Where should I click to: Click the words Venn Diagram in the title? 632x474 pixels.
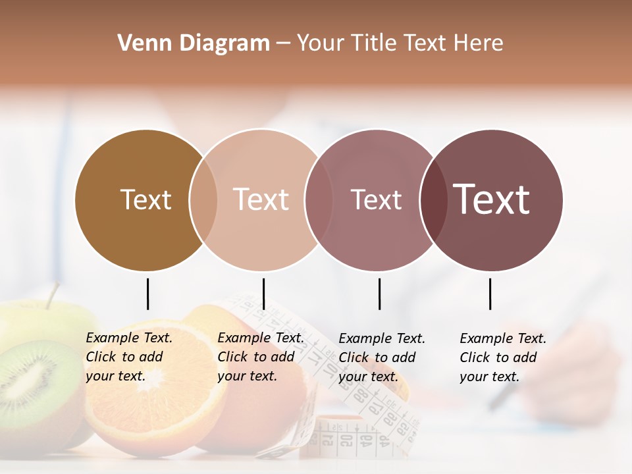(x=194, y=43)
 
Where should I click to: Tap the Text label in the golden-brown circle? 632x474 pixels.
(x=145, y=199)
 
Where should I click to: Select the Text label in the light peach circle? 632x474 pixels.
(x=261, y=199)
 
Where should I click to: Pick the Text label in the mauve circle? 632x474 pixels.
(x=376, y=199)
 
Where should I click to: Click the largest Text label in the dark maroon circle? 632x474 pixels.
(x=492, y=199)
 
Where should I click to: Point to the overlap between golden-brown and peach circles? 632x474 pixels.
(x=203, y=200)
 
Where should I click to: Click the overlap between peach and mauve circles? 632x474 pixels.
(x=318, y=200)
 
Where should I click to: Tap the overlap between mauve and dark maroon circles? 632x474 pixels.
(x=433, y=200)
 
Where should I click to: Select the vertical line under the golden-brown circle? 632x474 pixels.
(x=147, y=294)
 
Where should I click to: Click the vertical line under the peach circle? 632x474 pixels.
(x=263, y=294)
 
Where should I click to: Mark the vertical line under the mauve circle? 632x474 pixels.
(x=379, y=294)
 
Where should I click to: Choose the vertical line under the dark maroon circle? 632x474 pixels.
(x=490, y=294)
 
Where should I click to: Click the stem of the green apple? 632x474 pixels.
(x=51, y=295)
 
